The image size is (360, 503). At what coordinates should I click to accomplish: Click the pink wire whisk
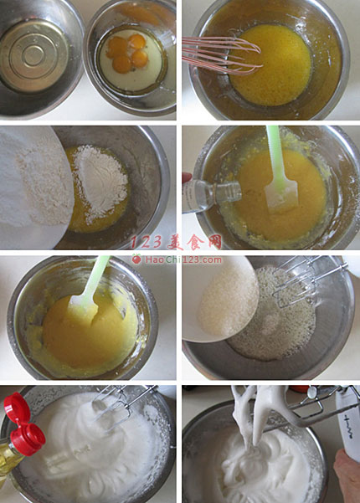tap(221, 55)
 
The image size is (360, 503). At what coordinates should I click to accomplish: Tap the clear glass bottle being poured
tap(210, 195)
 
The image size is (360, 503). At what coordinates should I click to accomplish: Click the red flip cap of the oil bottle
tap(23, 424)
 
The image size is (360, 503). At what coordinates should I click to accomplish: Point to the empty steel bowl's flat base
tap(33, 55)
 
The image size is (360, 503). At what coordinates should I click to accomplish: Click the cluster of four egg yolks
tap(127, 53)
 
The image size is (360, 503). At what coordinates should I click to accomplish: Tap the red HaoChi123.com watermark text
tap(183, 259)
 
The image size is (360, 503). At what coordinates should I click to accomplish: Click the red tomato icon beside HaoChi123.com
tap(136, 259)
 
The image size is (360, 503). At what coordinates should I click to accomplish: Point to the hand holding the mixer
tap(347, 475)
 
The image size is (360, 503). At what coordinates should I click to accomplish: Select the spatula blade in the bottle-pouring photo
tap(281, 197)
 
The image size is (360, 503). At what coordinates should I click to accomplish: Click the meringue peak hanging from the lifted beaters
tap(254, 413)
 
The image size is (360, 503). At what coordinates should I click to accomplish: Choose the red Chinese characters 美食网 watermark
tap(195, 242)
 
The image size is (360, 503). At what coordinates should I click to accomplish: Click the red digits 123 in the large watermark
tap(147, 243)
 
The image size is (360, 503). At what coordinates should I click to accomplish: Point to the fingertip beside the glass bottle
tap(187, 177)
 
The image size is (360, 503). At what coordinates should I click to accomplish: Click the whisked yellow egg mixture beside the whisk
tap(273, 66)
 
